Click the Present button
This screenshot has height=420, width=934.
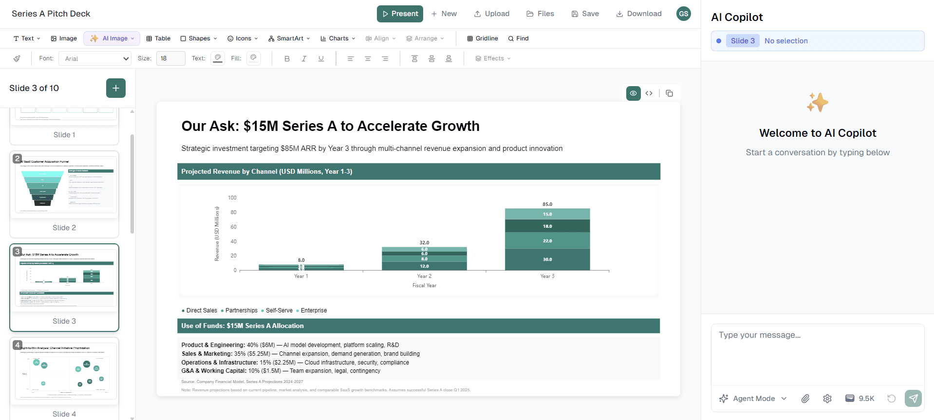click(x=400, y=14)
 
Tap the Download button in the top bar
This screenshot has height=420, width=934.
click(x=639, y=14)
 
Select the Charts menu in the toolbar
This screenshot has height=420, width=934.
click(x=338, y=38)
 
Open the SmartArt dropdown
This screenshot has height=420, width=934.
click(x=289, y=38)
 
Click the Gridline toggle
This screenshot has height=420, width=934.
click(x=482, y=38)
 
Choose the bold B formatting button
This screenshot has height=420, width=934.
click(x=287, y=58)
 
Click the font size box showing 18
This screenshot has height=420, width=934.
click(x=170, y=58)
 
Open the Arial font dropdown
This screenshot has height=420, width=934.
click(x=95, y=58)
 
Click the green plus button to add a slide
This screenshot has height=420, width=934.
click(x=116, y=88)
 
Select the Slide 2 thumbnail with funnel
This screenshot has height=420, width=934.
click(x=64, y=185)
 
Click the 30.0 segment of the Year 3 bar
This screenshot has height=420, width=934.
click(x=547, y=259)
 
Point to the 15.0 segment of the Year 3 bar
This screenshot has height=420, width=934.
click(x=547, y=214)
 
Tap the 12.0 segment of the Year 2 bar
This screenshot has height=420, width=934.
click(x=424, y=266)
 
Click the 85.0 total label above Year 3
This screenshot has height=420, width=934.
click(x=547, y=204)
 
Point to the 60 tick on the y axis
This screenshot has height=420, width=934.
click(x=234, y=227)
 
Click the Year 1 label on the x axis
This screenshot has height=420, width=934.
click(x=301, y=276)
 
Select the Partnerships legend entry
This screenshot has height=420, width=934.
click(x=241, y=310)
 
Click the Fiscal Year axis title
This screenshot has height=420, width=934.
click(x=424, y=286)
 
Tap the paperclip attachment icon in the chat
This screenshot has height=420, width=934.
click(x=805, y=399)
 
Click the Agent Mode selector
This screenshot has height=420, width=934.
click(x=753, y=399)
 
